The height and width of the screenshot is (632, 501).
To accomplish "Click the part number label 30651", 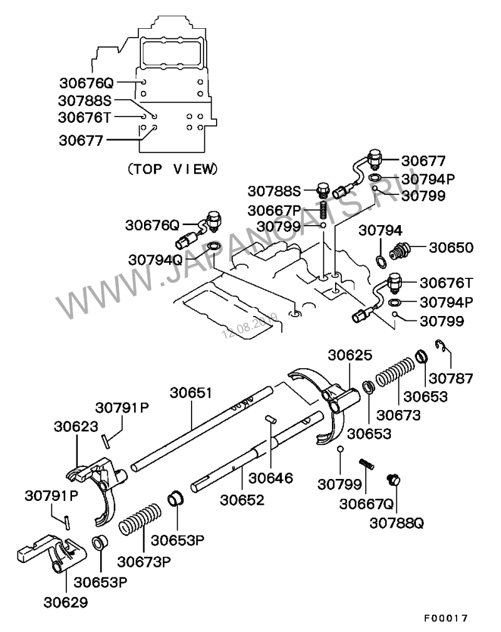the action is coord(191,392).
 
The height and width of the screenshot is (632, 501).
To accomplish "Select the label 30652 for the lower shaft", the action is coord(242,500).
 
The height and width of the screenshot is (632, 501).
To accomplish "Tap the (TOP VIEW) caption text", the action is coord(173,169).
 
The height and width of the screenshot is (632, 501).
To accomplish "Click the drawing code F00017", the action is coord(445,618).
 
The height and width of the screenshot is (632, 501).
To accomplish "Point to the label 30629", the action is coord(66,602).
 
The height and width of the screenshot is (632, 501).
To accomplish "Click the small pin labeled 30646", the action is coord(270,419).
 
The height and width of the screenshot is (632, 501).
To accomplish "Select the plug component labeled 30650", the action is coord(400,251).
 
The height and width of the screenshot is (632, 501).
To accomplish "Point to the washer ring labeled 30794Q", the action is coord(213,246).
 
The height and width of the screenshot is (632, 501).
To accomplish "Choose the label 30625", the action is coord(349,355).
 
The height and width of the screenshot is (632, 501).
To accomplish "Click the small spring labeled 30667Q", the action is coord(366,464).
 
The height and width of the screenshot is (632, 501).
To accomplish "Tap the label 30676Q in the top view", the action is coord(86,83).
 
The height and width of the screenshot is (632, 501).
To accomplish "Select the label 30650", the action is coord(451,247).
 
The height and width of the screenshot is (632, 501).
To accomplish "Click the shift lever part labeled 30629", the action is coord(51,553).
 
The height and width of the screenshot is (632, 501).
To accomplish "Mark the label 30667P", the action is coord(274,210).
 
